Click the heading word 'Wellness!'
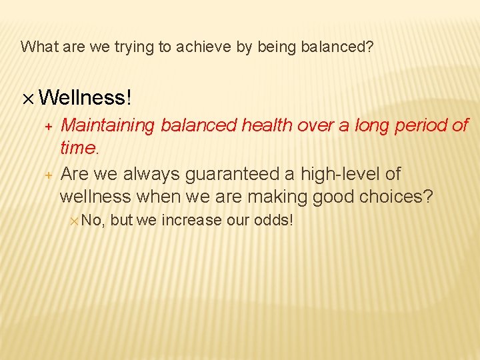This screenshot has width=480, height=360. tap(86, 98)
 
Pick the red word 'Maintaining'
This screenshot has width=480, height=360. tap(107, 125)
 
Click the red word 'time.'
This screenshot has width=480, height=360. tap(79, 149)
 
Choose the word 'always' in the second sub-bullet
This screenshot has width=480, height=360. tap(151, 174)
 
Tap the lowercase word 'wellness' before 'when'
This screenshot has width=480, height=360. tap(95, 197)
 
